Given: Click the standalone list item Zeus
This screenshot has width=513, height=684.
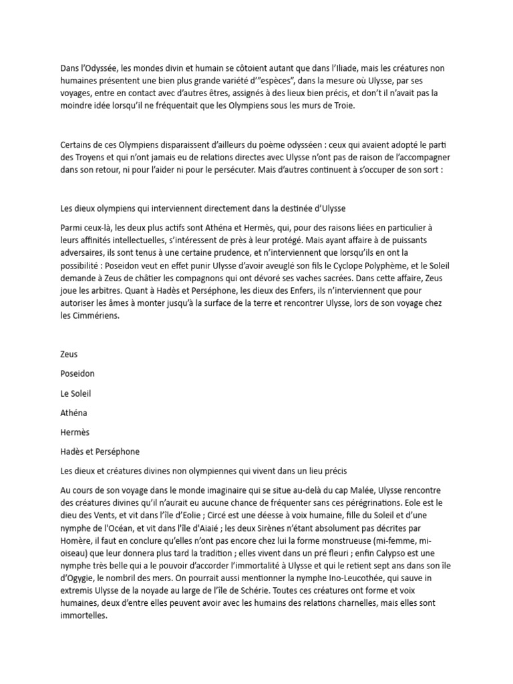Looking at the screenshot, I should [69, 355].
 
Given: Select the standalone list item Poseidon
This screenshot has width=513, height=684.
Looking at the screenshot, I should [79, 374].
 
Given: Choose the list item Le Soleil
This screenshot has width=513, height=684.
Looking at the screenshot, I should [75, 394].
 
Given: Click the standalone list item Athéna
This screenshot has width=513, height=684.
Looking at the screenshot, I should [73, 413].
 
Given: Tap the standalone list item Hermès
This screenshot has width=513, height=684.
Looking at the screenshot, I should [75, 433].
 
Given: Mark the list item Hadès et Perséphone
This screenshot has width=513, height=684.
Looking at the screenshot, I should [100, 452].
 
